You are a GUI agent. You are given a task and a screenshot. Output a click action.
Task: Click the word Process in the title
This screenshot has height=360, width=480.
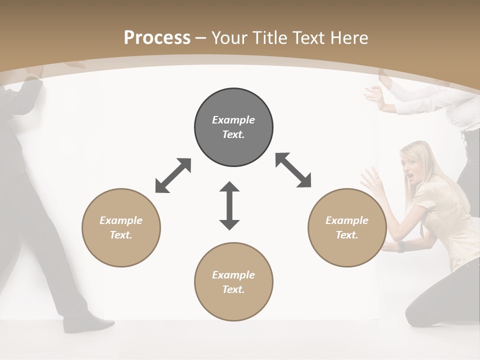coord(157,37)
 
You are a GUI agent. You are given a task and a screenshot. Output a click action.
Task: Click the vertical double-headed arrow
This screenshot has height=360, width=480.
coord(229,205)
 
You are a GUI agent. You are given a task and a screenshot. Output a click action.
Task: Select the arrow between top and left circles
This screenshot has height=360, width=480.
coord(173,175)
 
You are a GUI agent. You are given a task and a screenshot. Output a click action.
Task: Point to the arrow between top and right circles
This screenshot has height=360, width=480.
coord(293,170)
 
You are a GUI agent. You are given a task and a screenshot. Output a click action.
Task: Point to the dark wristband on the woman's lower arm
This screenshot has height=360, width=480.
coord(400,247)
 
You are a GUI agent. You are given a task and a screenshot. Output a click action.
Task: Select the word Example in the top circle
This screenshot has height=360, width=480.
coord(233,120)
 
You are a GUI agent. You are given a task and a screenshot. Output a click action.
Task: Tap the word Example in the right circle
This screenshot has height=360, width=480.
coord(347,220)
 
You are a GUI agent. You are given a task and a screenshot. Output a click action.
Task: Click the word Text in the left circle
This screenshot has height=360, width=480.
coord(120,235)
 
